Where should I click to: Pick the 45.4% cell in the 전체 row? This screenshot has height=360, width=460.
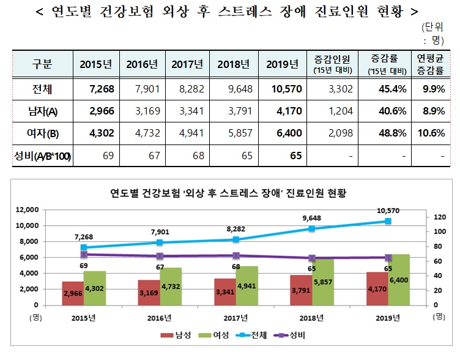click(381, 90)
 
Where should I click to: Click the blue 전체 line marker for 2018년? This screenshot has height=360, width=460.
click(312, 228)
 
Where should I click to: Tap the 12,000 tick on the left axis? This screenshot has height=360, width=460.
click(26, 209)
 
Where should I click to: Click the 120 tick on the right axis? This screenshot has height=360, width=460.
click(439, 217)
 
